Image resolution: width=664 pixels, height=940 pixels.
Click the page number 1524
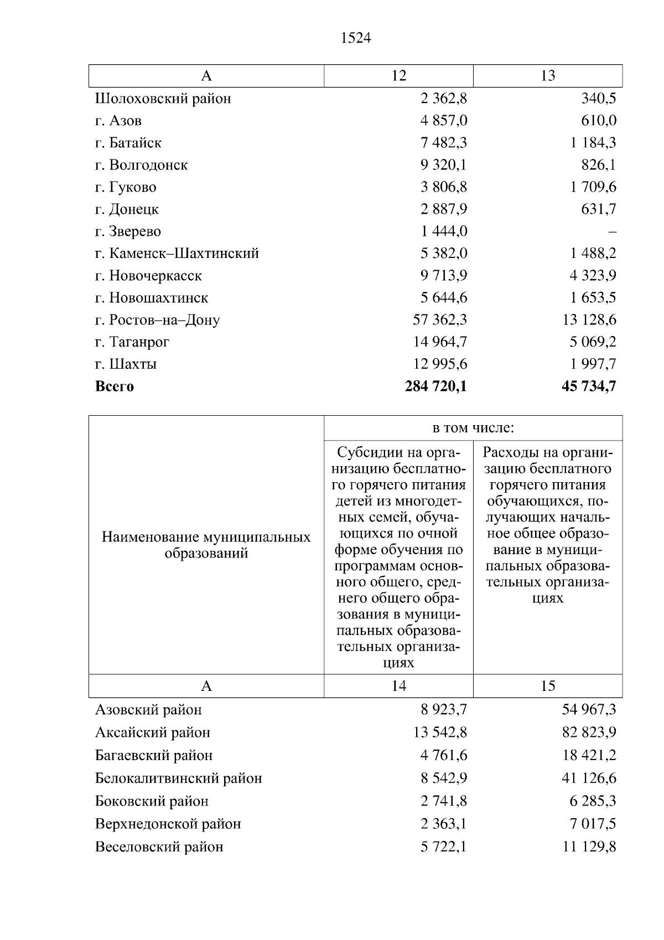click(x=356, y=38)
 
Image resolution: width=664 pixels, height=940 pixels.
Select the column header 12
click(x=398, y=76)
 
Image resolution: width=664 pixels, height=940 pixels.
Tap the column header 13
click(x=547, y=76)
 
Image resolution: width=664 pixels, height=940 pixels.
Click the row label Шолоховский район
click(x=163, y=99)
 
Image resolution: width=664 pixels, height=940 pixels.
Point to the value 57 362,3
click(x=440, y=320)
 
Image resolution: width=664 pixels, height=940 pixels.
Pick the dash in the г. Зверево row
click(x=612, y=232)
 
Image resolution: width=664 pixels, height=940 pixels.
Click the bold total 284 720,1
click(x=435, y=386)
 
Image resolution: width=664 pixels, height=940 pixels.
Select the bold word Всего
click(x=115, y=386)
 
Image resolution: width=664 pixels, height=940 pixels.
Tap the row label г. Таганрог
click(x=132, y=342)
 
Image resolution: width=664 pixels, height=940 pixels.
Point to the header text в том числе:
click(x=473, y=428)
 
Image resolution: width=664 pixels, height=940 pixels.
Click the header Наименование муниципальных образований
click(x=206, y=545)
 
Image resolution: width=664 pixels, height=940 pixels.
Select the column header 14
click(x=398, y=686)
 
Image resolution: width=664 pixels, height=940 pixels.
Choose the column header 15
click(x=547, y=686)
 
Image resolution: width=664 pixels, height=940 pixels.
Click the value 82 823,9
click(x=589, y=732)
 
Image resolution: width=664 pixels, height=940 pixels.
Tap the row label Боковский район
click(x=152, y=801)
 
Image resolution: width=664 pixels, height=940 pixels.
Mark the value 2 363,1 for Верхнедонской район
click(x=444, y=824)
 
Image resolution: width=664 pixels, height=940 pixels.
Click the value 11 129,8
click(x=589, y=847)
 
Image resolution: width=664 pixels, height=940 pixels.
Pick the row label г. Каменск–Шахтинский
click(x=177, y=254)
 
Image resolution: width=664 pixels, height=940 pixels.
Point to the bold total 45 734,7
click(x=589, y=386)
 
